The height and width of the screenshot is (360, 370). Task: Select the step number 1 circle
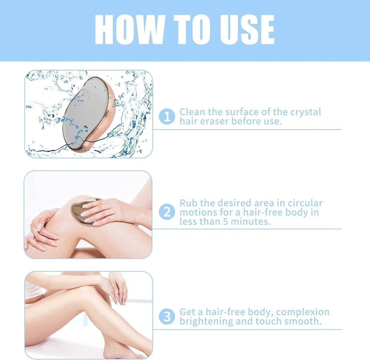tap(167, 117)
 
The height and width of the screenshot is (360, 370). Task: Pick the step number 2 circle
tap(167, 212)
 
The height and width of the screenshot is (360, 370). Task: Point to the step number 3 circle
tap(167, 316)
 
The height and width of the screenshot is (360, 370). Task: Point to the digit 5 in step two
tap(226, 222)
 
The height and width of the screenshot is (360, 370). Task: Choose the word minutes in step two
tap(250, 222)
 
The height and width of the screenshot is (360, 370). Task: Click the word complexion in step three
tap(303, 312)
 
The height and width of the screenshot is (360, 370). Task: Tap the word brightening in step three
tap(206, 322)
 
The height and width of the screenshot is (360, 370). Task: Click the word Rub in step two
tap(188, 203)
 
